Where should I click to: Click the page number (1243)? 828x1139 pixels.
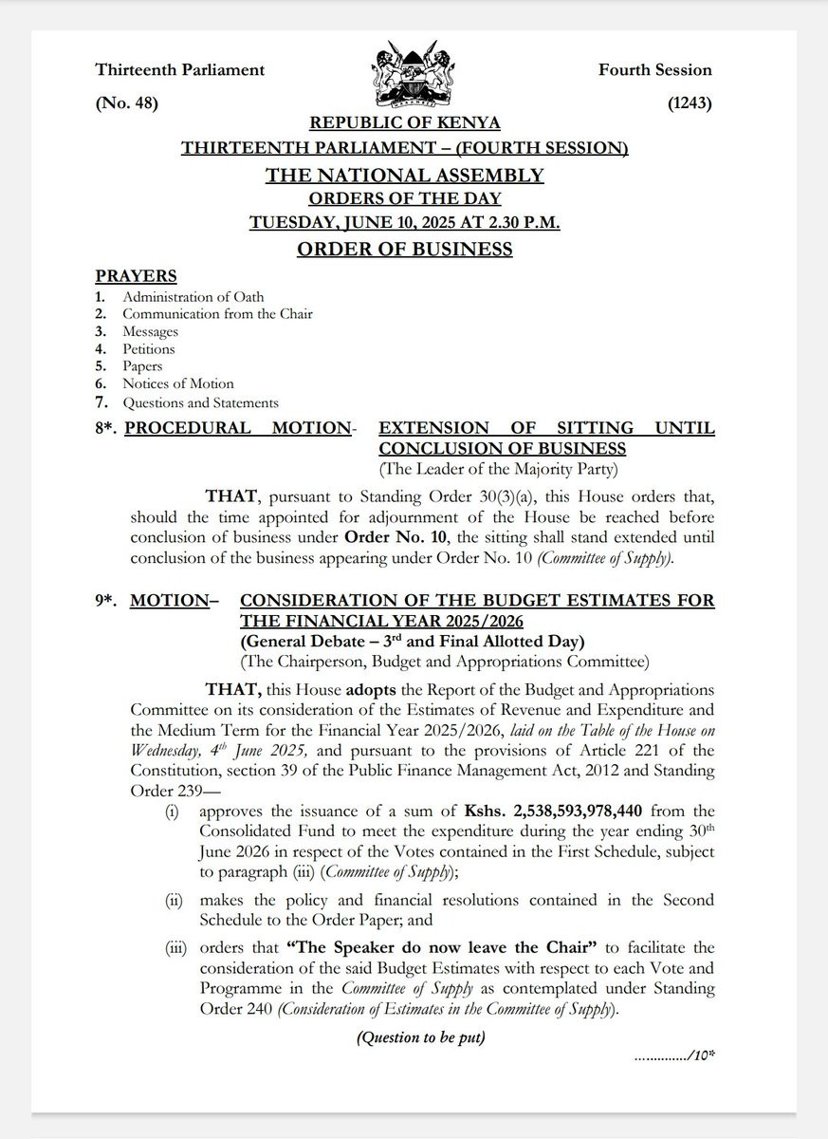(690, 103)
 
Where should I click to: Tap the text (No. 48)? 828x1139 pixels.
(126, 103)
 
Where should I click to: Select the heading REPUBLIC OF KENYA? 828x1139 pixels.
(405, 123)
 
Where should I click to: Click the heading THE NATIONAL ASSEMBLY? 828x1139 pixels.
(405, 175)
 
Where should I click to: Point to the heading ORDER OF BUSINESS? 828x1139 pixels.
(405, 250)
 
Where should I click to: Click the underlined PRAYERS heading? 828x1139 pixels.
(136, 276)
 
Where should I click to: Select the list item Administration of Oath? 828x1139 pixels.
(193, 297)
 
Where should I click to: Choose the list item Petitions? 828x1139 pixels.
(148, 348)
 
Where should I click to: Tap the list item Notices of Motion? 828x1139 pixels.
(177, 383)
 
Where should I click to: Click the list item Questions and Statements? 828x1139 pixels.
(200, 402)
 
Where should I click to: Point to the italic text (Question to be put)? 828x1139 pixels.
(420, 1037)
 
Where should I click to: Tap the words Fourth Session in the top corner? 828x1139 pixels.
(654, 69)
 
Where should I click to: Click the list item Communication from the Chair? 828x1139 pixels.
(217, 314)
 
